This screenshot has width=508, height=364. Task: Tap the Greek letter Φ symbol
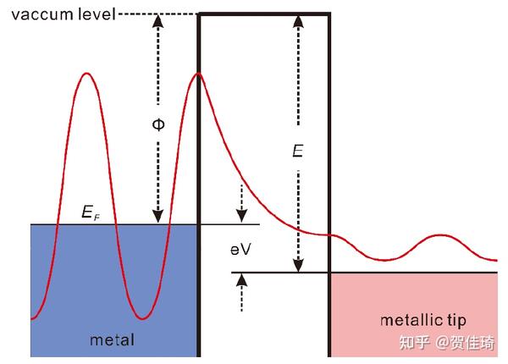point(158,124)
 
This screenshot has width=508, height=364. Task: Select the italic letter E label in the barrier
point(298,151)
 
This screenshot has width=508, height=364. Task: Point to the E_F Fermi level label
point(91,212)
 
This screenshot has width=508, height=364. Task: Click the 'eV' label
point(240,250)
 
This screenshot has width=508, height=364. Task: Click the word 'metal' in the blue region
point(112,340)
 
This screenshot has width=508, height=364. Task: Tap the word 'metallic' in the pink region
point(411,320)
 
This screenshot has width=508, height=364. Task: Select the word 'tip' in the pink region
point(457,321)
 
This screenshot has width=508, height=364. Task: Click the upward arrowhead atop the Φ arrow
point(158,20)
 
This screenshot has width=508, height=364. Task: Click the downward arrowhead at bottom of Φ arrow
point(158,217)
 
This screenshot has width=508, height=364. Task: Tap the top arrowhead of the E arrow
point(298,21)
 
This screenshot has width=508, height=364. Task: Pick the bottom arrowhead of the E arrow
point(298,266)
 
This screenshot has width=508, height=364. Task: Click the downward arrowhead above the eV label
point(241,216)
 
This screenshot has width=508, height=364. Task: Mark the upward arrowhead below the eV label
point(241,280)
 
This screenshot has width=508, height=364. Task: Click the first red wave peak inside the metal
point(86,74)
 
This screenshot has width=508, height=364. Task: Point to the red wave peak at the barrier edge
point(198,74)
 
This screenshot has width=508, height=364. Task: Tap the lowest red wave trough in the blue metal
point(142,318)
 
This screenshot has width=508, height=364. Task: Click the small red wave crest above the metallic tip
point(440,235)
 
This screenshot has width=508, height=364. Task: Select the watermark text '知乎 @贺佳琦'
point(447,342)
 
